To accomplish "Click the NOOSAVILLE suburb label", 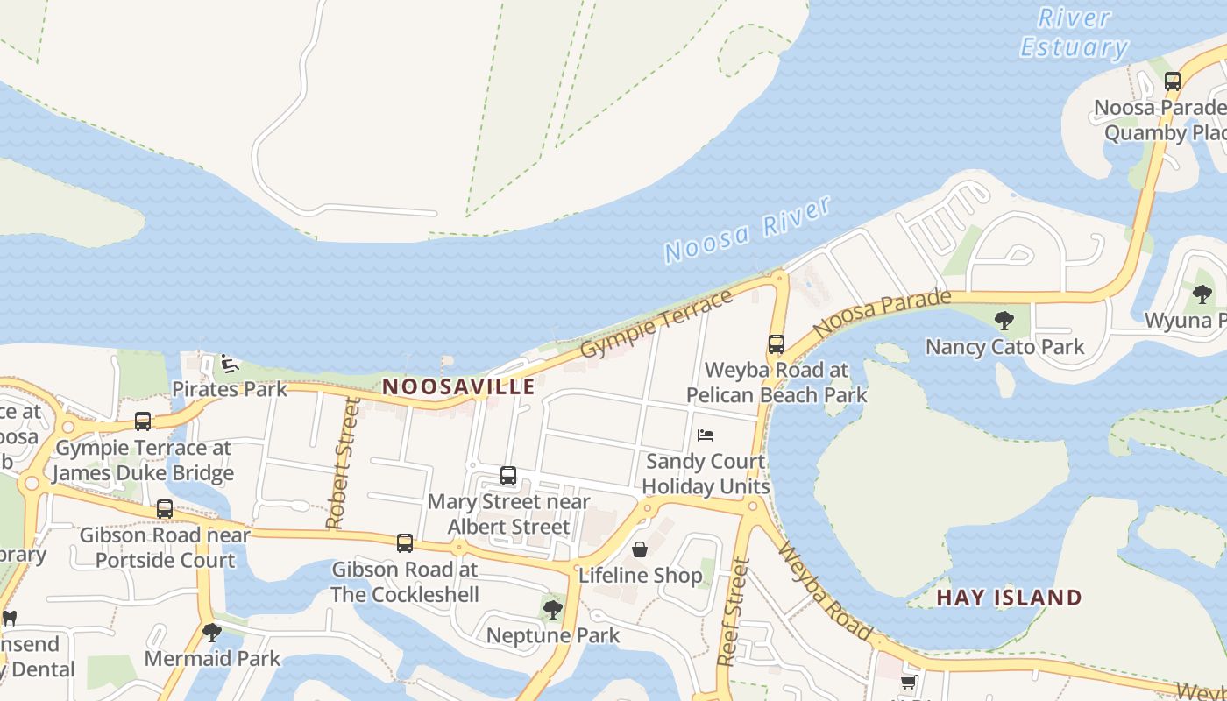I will point(458,386).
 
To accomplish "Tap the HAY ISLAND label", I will point(1009,598).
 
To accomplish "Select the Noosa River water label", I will point(747,230).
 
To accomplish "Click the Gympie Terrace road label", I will point(656,323).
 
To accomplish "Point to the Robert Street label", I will point(343,464).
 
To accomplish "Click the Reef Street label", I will point(734,612).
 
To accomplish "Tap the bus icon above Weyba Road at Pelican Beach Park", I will point(777,344).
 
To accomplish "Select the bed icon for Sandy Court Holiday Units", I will point(706,435).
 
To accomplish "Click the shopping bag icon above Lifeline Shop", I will point(640,549).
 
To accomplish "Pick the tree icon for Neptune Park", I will point(552,609).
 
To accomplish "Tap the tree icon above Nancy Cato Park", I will point(1004,321).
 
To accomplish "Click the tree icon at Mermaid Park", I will point(211,632).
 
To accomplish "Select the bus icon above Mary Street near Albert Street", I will point(508,476).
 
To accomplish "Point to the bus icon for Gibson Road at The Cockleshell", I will point(404,543).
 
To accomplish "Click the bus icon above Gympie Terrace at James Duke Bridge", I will point(143,421).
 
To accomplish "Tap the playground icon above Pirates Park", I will point(229,364).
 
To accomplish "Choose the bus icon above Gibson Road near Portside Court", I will point(165,509).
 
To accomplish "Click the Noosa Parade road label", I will point(882,314).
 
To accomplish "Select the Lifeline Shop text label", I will point(640,576).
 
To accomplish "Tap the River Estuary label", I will point(1074,32).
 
